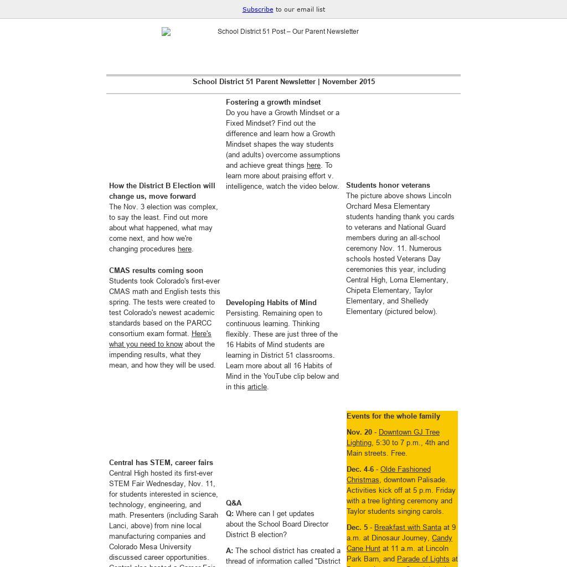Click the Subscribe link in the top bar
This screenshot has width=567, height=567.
(257, 9)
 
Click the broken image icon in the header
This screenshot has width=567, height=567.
(166, 32)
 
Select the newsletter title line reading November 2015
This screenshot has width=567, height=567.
(283, 82)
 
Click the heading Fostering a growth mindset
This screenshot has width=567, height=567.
(273, 102)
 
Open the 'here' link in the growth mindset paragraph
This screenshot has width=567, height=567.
(313, 166)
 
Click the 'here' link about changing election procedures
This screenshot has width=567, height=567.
(184, 249)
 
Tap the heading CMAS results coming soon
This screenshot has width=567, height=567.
(156, 271)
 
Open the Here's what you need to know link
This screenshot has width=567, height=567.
(146, 344)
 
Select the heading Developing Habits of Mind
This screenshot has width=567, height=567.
(271, 303)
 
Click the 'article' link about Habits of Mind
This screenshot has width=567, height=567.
(257, 387)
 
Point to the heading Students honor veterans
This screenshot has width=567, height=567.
(388, 185)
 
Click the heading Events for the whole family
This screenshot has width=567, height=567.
(393, 416)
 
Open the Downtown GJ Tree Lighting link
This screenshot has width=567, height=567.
(409, 432)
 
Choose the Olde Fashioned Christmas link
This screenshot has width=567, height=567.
(405, 470)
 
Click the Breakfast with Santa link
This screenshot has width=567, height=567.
(408, 528)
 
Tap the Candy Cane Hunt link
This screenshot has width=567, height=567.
(442, 538)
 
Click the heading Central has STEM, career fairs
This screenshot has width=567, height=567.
(161, 463)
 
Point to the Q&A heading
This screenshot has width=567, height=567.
(234, 503)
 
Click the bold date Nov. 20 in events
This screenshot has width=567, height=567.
(359, 432)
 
